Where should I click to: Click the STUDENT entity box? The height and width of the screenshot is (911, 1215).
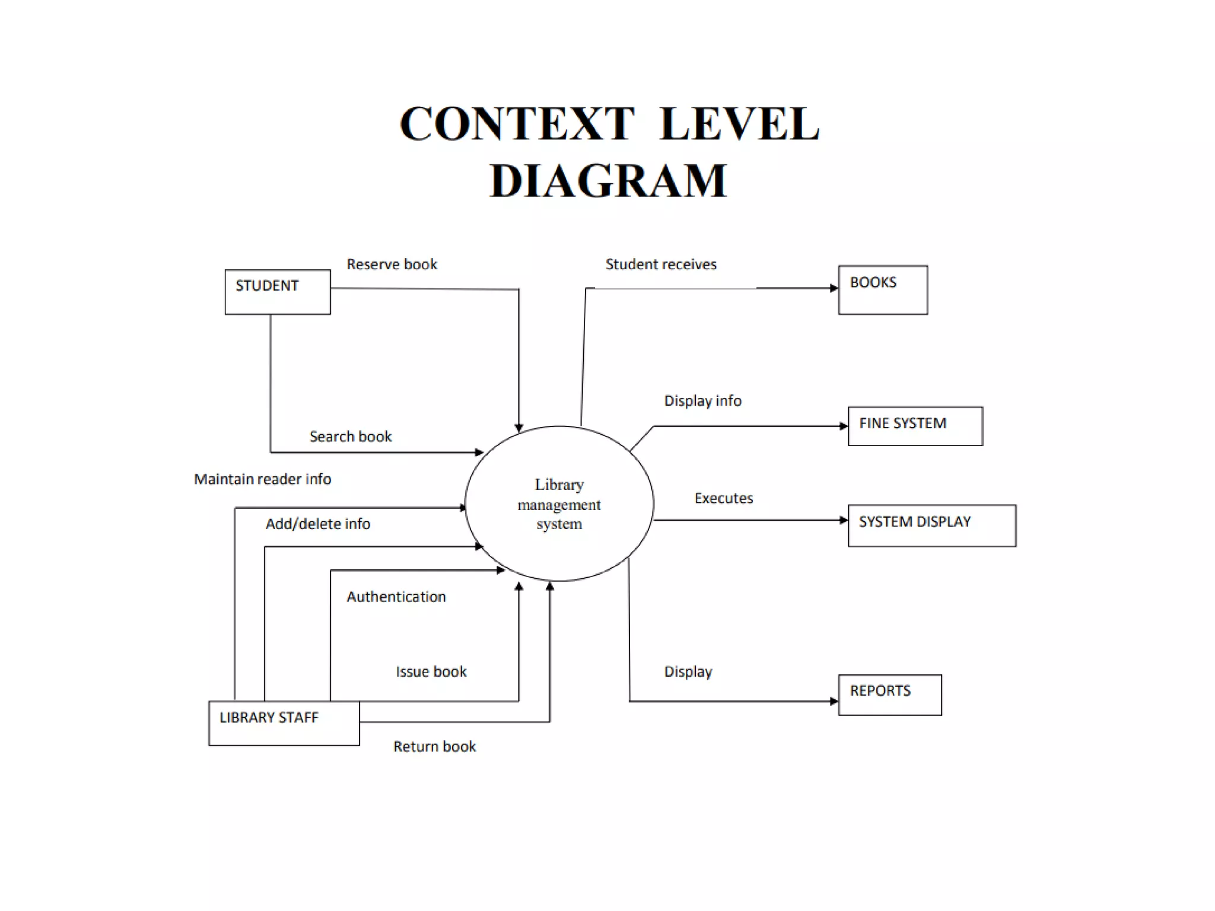278,292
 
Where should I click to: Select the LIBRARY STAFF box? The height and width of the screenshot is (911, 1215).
284,723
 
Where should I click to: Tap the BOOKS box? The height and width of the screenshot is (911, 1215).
883,289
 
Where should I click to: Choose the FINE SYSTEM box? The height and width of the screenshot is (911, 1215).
915,425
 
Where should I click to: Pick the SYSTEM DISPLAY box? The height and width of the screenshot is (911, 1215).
931,525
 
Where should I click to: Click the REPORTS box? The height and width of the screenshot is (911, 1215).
889,695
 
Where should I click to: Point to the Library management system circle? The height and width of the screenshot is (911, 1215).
559,504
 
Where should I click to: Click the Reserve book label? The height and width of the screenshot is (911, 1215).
392,265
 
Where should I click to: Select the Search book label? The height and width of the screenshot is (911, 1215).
350,437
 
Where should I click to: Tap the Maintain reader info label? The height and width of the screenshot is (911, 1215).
262,479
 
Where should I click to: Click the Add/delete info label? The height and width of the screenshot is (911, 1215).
318,524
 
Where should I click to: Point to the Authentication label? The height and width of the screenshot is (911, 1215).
396,597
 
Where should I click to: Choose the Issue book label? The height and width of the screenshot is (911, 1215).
431,671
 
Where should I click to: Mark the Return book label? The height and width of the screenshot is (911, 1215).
434,746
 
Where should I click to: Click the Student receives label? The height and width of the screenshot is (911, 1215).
661,265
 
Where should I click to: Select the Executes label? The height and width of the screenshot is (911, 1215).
723,498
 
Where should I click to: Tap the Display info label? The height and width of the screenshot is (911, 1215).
702,401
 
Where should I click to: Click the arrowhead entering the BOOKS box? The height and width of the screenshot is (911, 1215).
834,288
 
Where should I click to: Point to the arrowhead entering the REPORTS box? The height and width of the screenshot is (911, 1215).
834,701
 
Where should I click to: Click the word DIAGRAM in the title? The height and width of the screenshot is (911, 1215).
608,180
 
